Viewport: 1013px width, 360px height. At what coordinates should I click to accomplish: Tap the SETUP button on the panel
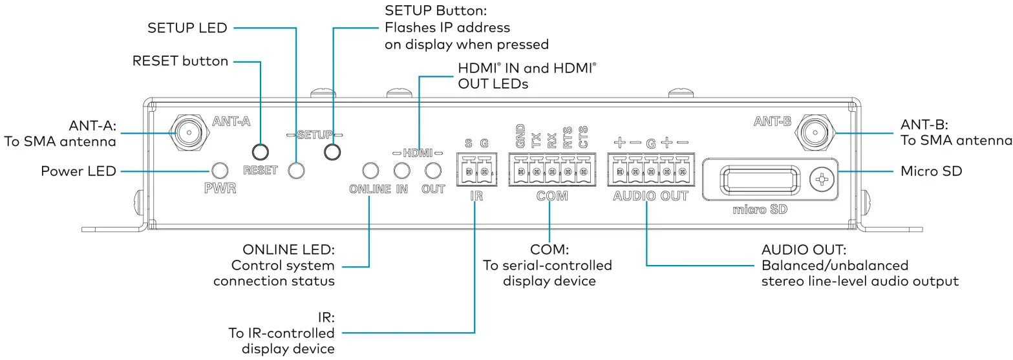point(332,152)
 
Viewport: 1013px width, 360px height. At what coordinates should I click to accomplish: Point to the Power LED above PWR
point(220,171)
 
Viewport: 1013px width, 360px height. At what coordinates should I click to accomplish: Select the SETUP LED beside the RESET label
point(296,171)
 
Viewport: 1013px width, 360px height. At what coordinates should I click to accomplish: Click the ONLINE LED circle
point(370,171)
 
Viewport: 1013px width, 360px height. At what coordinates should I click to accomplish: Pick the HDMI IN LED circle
point(401,171)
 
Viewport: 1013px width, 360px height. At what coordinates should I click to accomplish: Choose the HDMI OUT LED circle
point(432,171)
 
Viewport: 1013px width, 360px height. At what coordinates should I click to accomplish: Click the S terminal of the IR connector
point(468,171)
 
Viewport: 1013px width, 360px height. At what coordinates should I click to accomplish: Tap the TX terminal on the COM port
point(537,171)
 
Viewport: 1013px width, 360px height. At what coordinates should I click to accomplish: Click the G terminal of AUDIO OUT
point(651,171)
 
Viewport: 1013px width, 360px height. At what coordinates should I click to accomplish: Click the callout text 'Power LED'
point(79,171)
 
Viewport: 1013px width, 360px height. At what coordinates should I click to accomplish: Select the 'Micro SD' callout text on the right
point(932,172)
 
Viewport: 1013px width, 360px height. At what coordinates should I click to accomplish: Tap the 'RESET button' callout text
point(180,61)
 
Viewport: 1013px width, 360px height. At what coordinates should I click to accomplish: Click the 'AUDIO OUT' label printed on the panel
point(651,196)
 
